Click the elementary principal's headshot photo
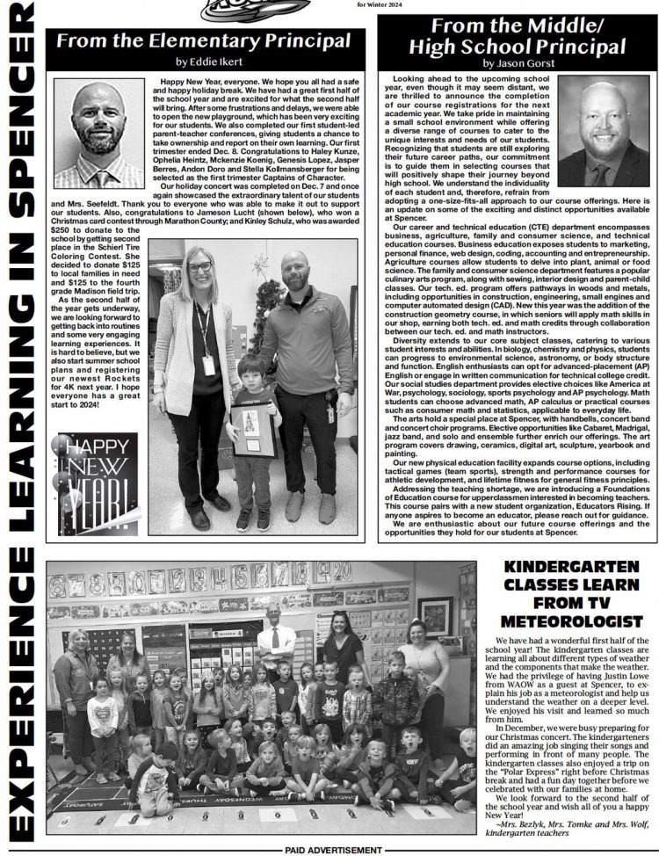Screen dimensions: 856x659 tap(98, 134)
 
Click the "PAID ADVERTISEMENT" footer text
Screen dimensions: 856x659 tap(333, 850)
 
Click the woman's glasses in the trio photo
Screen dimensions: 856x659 tap(199, 267)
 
